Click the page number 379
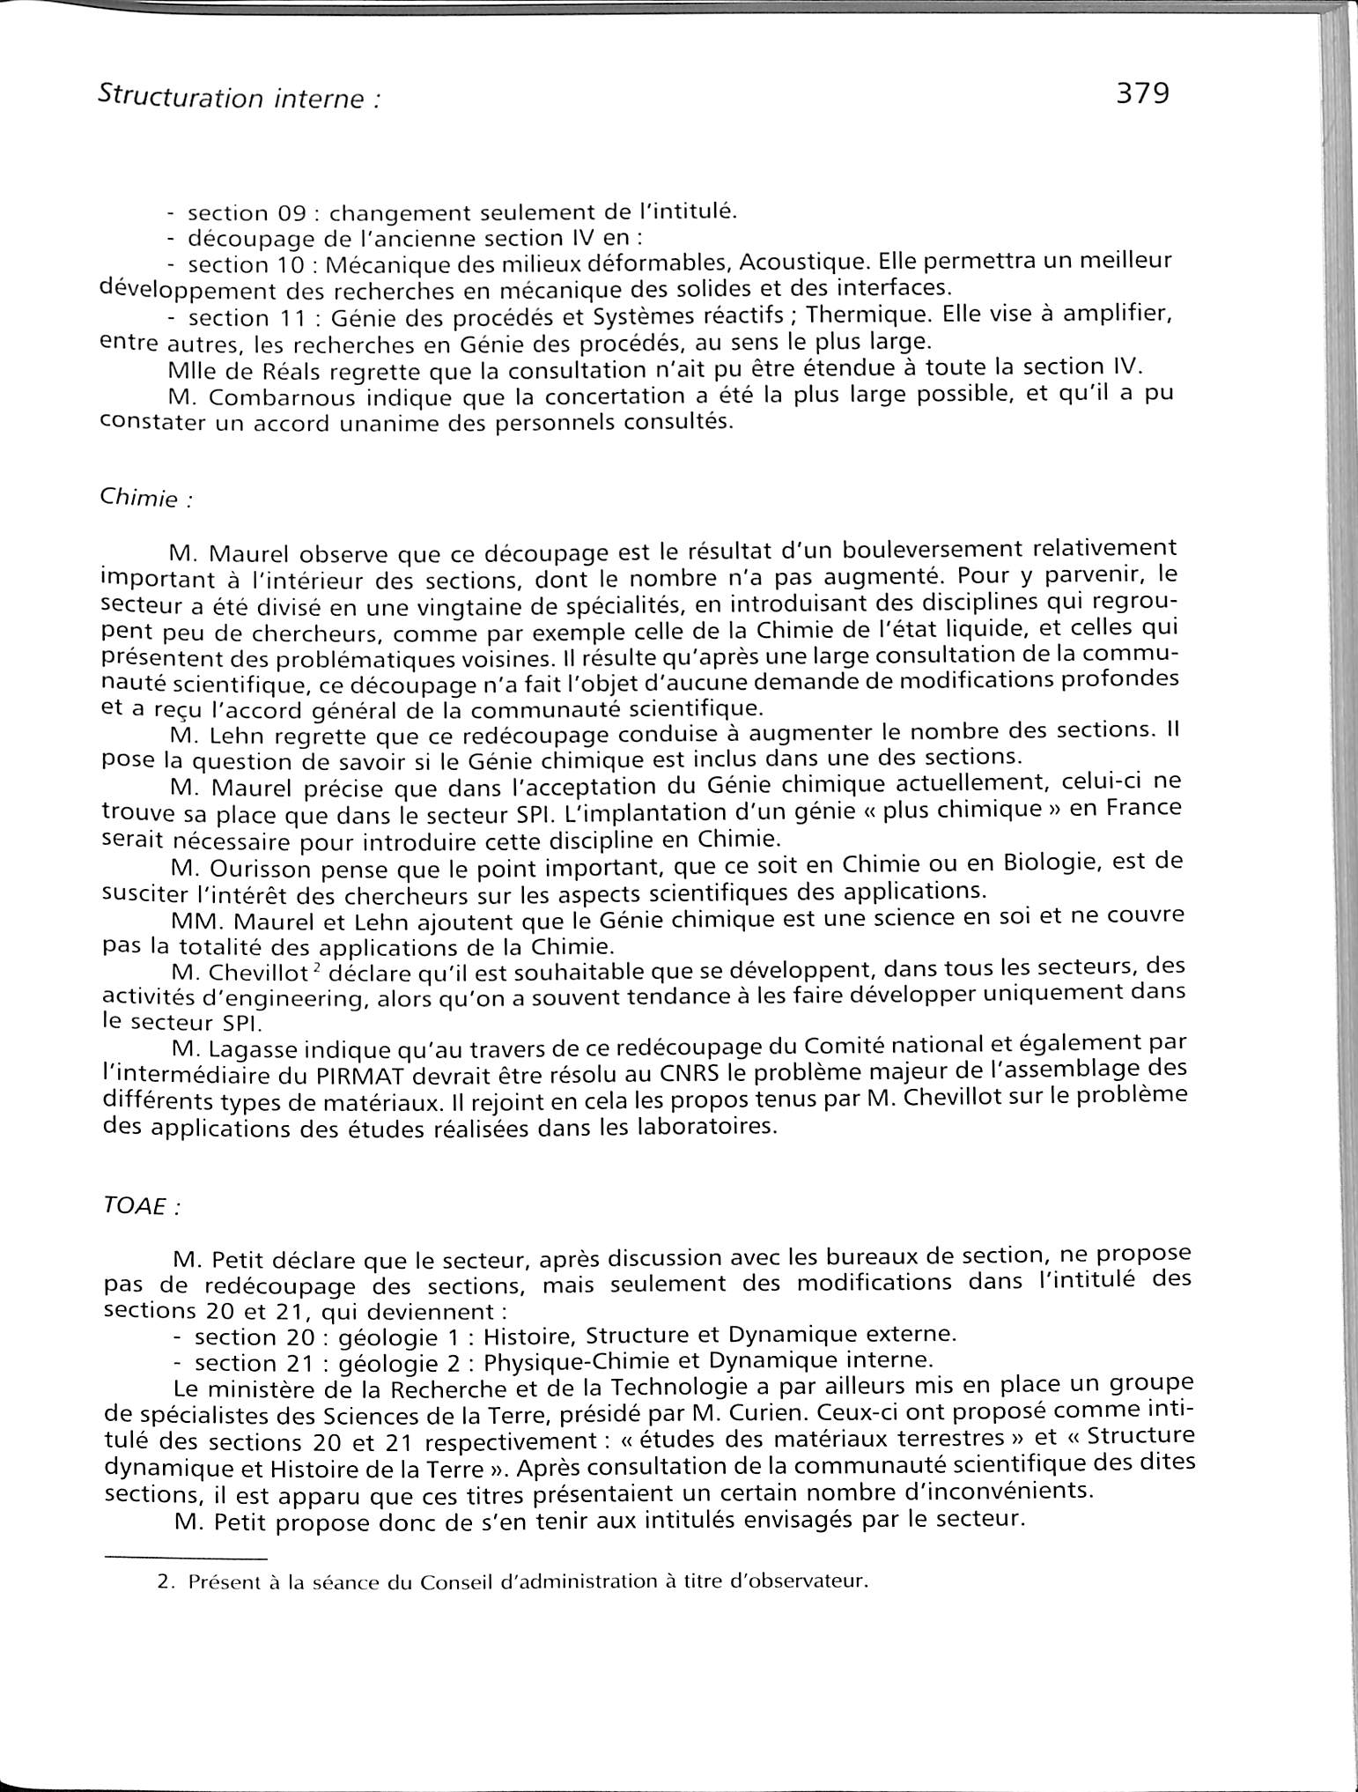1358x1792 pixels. coord(1141,93)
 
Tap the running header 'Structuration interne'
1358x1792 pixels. coord(233,98)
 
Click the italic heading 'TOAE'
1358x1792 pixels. coord(135,1207)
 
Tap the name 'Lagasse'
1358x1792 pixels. coord(264,1047)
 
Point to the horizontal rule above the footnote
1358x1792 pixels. coord(184,1558)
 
